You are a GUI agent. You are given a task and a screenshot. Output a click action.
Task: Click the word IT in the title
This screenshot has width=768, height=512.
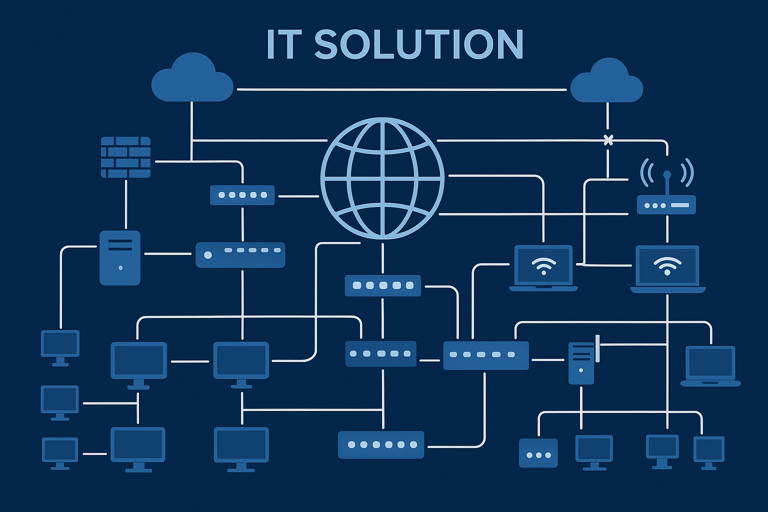(283, 44)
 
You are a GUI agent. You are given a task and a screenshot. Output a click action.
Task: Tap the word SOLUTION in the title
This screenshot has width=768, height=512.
(419, 44)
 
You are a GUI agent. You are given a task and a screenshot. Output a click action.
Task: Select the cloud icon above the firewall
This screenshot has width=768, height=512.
(192, 79)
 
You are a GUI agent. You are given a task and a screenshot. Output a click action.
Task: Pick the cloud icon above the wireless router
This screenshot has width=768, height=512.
(606, 81)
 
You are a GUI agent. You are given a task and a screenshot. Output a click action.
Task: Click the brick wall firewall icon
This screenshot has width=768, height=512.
(125, 157)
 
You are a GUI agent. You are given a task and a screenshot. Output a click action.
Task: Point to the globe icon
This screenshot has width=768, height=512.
(382, 178)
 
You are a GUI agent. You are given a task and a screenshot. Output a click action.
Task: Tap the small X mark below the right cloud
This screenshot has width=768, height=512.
(608, 140)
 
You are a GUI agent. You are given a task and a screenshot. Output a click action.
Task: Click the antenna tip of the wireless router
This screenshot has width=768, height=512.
(667, 174)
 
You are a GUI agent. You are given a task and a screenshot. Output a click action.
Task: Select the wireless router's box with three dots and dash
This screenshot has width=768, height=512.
(666, 205)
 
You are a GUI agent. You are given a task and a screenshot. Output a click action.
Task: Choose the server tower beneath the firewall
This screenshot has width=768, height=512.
(120, 257)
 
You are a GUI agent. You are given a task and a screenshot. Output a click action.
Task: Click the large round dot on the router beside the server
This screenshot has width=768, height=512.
(208, 255)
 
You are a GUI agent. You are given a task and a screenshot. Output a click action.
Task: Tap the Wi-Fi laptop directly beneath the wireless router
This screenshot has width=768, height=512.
(667, 268)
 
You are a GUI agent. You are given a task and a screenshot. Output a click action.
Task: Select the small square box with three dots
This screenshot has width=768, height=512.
(538, 453)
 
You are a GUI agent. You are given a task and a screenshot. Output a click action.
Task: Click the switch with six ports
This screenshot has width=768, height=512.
(381, 444)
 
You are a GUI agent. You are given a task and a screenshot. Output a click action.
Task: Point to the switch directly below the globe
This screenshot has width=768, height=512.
(382, 285)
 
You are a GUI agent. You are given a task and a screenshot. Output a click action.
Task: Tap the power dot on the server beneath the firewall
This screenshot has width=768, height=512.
(120, 268)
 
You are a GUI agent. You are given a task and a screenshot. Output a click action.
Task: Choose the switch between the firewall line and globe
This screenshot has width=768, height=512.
(242, 195)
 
